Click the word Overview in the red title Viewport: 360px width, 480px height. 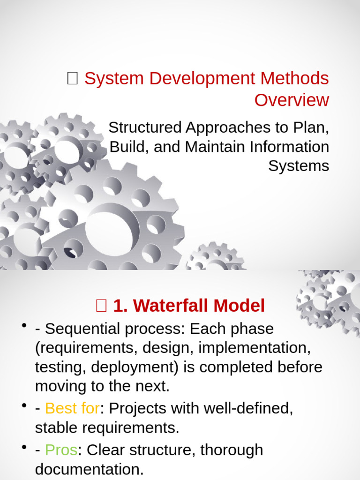(292, 100)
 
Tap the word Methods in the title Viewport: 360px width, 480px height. (297, 78)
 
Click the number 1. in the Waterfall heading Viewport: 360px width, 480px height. (120, 306)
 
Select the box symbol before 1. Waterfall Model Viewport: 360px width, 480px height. (101, 306)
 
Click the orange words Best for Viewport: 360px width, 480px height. (72, 408)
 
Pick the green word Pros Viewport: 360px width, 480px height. (61, 450)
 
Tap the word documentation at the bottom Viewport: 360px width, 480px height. (89, 469)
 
